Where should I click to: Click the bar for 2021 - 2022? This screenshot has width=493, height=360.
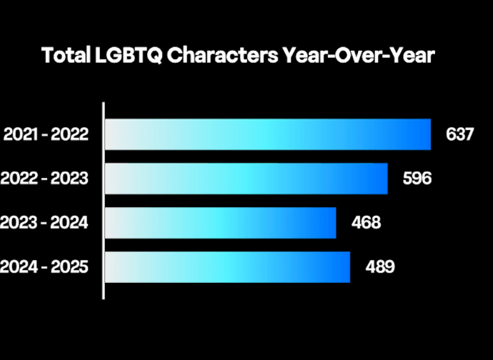(268, 134)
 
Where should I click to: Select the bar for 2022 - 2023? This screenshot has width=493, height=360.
(246, 179)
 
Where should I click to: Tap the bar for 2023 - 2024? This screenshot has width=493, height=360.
(221, 223)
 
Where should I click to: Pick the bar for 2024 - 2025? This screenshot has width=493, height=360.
(228, 267)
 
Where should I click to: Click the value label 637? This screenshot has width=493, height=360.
(460, 134)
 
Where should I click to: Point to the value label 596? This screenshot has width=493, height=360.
(417, 179)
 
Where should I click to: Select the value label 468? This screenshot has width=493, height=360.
(366, 223)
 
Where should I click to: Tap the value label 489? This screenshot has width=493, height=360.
(380, 267)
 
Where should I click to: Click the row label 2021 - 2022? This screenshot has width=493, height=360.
(46, 134)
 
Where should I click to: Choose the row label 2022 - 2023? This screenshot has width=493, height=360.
(44, 179)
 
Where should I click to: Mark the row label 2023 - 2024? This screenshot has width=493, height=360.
(44, 223)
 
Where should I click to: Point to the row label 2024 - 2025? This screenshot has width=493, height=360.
(44, 267)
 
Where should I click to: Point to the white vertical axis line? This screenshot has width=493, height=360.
(104, 200)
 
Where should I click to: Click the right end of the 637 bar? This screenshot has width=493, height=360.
(429, 134)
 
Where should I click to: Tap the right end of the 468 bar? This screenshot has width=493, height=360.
(334, 223)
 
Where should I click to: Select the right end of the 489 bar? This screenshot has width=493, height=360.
(348, 267)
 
